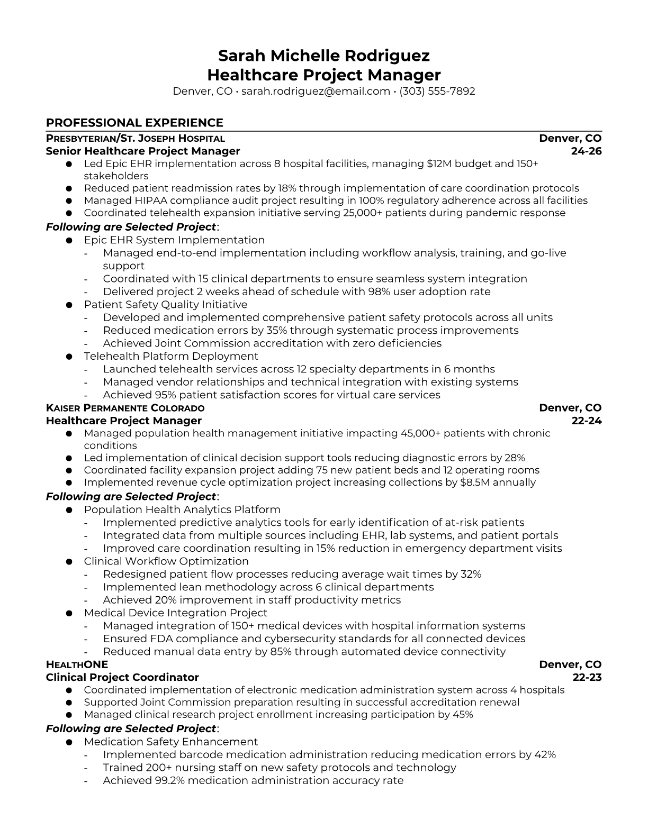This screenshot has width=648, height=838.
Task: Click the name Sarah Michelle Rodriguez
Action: pos(323,56)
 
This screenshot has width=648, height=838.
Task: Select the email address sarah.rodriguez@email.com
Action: pos(316,92)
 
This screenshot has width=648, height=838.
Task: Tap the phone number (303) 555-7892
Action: pos(437,92)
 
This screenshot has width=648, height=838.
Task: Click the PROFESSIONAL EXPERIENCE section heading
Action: pos(134,123)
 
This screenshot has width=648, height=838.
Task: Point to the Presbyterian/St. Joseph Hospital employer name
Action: pos(136,139)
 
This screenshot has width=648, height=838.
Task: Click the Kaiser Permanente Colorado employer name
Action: pos(125,408)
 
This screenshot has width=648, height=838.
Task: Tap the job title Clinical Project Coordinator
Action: pos(122,677)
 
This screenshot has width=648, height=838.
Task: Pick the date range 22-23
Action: pos(587,677)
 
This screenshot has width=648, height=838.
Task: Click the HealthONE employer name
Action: pos(77,664)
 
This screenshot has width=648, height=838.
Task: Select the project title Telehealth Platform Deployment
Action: pos(171,356)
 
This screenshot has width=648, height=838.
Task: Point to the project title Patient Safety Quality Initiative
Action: pos(166,305)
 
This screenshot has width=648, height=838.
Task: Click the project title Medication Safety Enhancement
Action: pos(171,742)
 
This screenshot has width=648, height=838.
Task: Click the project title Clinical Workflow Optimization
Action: pos(166,561)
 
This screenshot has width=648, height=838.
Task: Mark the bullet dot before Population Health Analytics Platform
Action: pos(69,510)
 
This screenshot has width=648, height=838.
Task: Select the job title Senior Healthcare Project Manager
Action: pos(143,151)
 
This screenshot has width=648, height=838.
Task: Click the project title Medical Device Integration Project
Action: pos(176,613)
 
